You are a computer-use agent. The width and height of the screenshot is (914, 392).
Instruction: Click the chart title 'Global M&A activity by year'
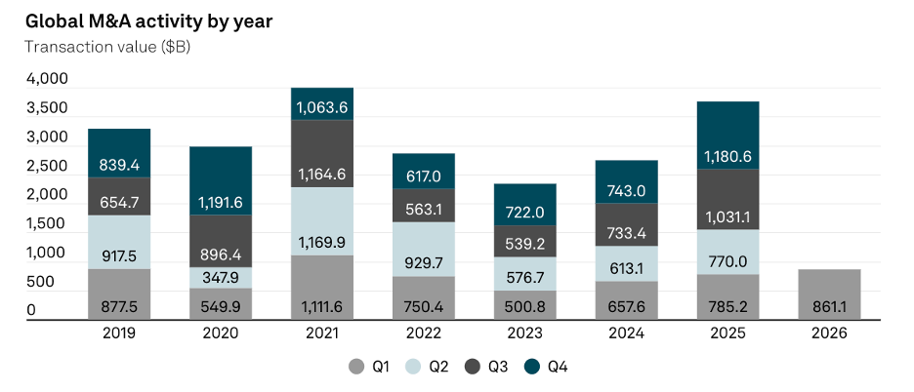tap(148, 21)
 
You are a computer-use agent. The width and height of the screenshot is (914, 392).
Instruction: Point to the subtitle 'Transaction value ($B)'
tap(107, 47)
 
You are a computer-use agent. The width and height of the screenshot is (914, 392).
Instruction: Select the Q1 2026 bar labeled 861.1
tap(829, 294)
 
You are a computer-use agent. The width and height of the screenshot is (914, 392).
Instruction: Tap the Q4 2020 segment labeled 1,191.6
tap(221, 180)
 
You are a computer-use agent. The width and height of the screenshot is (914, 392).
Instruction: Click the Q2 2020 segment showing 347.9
tap(221, 278)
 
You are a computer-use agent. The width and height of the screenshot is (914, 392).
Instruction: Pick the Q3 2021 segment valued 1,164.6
tap(322, 154)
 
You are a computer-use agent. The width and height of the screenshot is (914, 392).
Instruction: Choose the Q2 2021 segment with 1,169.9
tap(322, 221)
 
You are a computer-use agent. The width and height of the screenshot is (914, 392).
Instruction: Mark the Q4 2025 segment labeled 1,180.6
tap(728, 136)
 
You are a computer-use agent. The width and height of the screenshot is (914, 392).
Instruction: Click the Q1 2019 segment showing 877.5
tap(119, 294)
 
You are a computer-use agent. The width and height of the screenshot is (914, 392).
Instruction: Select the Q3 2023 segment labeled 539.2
tap(525, 241)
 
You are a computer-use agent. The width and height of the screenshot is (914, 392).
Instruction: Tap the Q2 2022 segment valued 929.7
tap(424, 250)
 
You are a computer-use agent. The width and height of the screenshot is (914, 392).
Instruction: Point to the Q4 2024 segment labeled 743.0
tap(627, 181)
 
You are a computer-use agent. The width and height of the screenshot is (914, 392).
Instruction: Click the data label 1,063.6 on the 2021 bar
tap(322, 108)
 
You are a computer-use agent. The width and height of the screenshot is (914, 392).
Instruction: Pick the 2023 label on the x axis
tap(525, 333)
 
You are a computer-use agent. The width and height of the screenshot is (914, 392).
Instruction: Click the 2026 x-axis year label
tap(829, 333)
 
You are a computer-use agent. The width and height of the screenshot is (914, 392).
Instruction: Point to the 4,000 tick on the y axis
tap(47, 78)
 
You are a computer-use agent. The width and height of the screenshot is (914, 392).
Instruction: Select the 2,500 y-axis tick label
tap(47, 166)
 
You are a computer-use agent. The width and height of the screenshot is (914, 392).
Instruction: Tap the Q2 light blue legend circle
tap(414, 367)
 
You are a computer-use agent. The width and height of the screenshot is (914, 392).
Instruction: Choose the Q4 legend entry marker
tap(531, 367)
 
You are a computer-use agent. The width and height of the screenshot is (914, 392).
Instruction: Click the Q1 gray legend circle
tap(356, 367)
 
